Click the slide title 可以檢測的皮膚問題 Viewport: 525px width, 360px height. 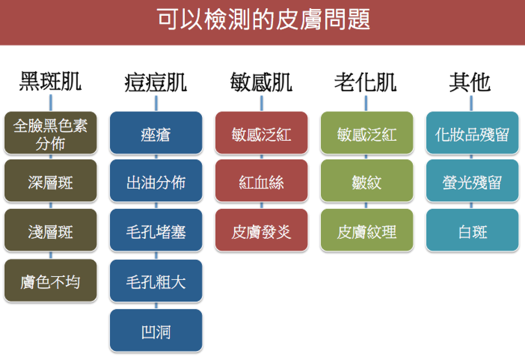pyautogui.click(x=263, y=19)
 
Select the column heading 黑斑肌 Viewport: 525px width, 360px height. pyautogui.click(x=50, y=81)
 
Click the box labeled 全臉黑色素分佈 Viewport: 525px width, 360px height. pyautogui.click(x=51, y=133)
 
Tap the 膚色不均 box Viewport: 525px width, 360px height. pyautogui.click(x=51, y=281)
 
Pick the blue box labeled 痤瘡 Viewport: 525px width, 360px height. pyautogui.click(x=156, y=133)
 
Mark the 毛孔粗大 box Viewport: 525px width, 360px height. pyautogui.click(x=156, y=281)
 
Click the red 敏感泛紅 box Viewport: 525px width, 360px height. pyautogui.click(x=262, y=133)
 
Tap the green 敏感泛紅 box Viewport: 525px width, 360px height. pyautogui.click(x=367, y=133)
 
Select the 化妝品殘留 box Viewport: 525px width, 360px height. pyautogui.click(x=472, y=133)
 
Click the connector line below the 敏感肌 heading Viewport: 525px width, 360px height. pyautogui.click(x=262, y=103)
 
